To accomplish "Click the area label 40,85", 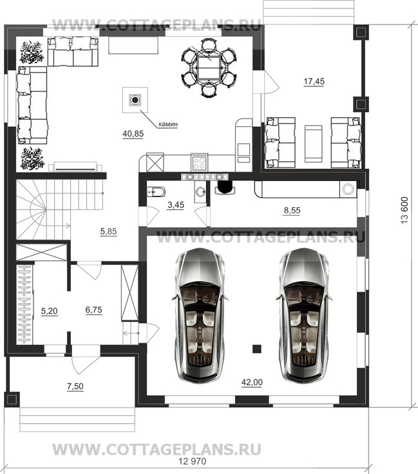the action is (133, 133).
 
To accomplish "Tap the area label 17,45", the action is (314, 81).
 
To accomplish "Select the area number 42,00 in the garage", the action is (252, 383).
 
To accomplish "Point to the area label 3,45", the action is (176, 205).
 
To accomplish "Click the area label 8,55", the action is (292, 211).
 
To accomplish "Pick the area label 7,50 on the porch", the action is (75, 386).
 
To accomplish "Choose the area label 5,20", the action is (49, 311).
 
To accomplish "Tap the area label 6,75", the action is (93, 310).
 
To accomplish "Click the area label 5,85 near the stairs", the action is (108, 232).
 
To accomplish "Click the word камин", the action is (168, 124).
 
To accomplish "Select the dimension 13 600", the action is (405, 210).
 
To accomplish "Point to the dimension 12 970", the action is (193, 462).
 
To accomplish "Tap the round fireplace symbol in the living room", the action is (135, 99).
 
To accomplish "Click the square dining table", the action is (209, 68).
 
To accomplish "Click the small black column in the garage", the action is (257, 348).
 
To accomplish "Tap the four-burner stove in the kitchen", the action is (199, 163).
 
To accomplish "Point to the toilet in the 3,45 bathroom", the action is (156, 192).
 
